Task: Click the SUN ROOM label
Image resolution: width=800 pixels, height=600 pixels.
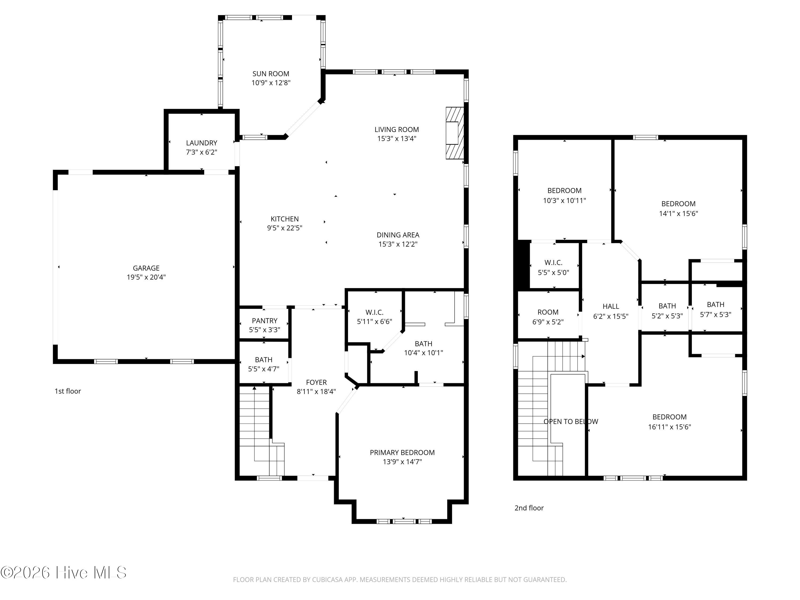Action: [270, 74]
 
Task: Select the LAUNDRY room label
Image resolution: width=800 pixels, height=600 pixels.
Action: [201, 143]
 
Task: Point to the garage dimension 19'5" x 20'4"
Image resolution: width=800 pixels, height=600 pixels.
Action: [146, 277]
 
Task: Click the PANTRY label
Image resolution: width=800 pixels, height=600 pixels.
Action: [264, 321]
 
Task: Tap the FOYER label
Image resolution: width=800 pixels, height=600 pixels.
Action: [316, 382]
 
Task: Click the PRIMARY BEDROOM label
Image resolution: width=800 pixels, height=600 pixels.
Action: [402, 453]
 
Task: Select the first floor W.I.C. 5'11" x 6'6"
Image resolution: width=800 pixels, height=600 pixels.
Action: [374, 317]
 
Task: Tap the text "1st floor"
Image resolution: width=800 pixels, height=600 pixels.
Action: [68, 391]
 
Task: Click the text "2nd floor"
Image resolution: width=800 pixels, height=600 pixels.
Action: [529, 508]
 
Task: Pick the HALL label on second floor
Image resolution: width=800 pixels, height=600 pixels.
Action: [610, 306]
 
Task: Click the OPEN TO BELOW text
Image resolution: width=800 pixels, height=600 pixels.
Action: [570, 421]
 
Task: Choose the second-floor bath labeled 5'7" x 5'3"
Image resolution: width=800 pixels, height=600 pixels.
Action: [715, 309]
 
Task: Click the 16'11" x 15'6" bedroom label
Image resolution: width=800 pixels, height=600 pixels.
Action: [669, 422]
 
